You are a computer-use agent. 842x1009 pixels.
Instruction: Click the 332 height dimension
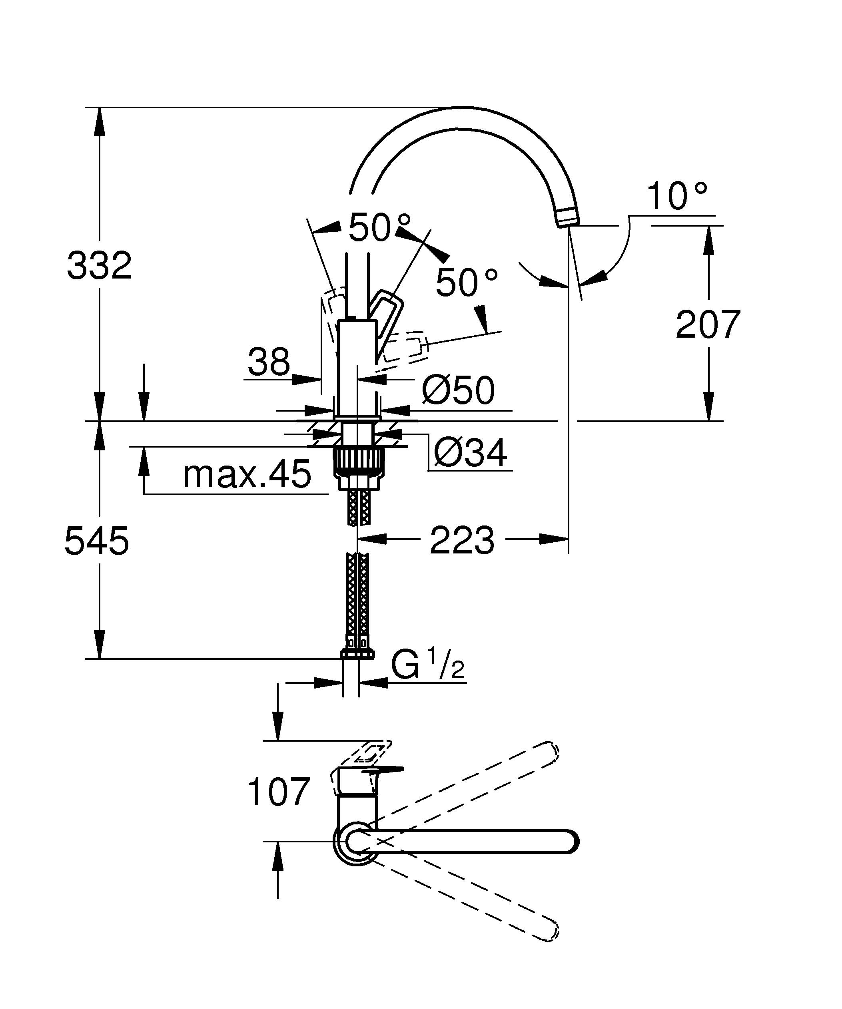pos(100,266)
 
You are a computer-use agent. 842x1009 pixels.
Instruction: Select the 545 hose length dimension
pos(97,541)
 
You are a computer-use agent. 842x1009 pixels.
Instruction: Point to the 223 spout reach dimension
pos(462,540)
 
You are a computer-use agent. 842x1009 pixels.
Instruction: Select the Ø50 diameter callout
pos(458,390)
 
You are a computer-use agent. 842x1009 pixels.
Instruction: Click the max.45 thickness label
pos(247,475)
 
